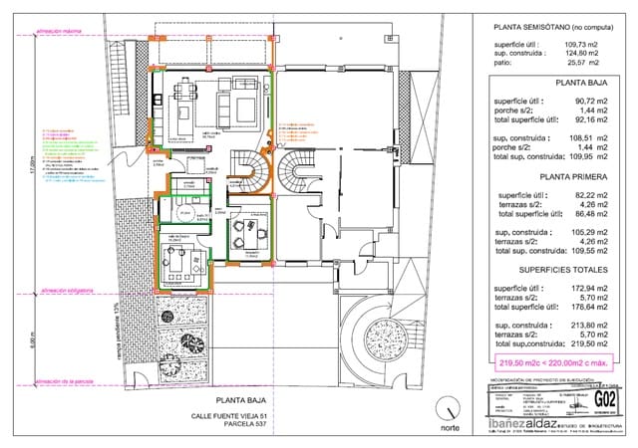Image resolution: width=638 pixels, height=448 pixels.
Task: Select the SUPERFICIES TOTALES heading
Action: [x=550, y=269]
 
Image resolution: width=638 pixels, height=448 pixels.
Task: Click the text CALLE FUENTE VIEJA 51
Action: [x=231, y=416]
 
